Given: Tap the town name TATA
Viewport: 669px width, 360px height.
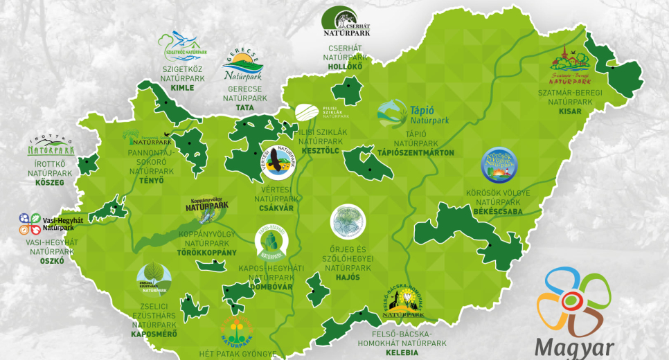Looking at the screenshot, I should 244,109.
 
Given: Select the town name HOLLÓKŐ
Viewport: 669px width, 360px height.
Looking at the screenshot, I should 346,68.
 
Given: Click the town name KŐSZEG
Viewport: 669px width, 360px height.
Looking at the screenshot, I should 49,183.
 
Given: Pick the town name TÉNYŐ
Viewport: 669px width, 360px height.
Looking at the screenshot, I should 151,181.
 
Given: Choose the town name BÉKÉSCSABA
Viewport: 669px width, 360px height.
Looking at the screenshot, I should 499,211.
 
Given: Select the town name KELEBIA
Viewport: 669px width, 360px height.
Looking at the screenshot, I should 403,352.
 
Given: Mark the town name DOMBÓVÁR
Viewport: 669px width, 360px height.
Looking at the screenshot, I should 271,287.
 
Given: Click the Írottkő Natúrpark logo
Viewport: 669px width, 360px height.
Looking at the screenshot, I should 50,144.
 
